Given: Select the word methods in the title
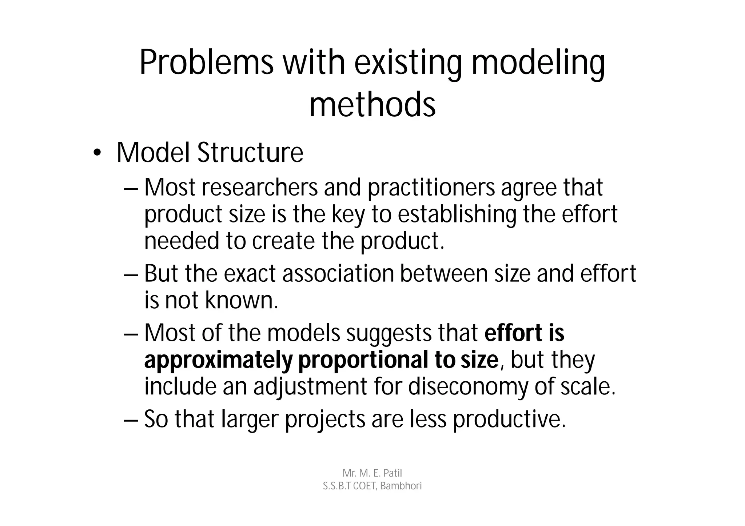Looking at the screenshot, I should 372,105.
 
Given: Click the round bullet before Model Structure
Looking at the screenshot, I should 96,153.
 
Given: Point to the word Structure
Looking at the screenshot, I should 250,153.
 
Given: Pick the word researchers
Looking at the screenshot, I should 259,188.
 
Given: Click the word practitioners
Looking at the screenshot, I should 431,188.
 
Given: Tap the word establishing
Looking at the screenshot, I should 457,214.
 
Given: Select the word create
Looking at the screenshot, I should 283,241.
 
